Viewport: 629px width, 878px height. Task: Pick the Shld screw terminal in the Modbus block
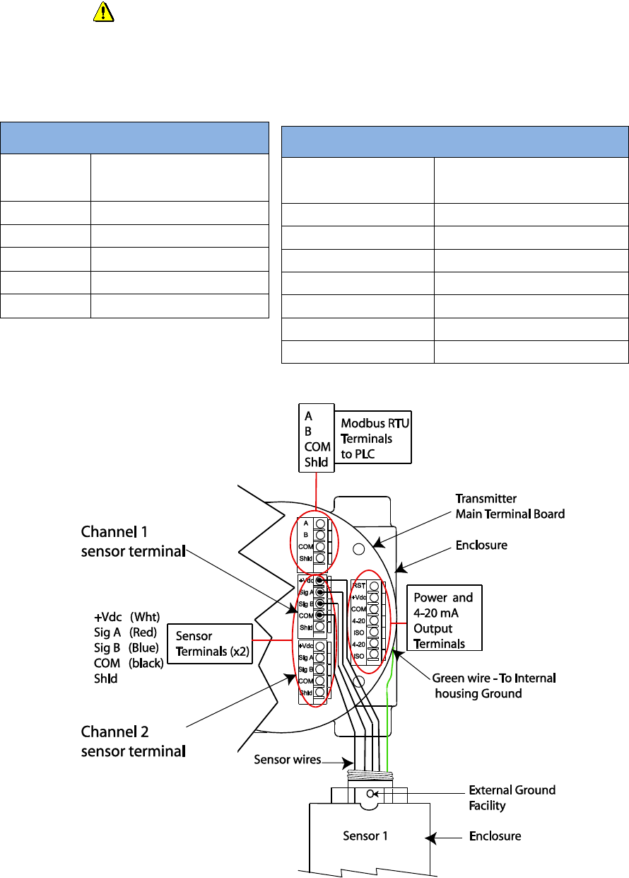click(x=320, y=558)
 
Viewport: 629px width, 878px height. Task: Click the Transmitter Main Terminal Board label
click(x=509, y=506)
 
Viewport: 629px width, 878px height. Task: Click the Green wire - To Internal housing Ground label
click(x=494, y=686)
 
